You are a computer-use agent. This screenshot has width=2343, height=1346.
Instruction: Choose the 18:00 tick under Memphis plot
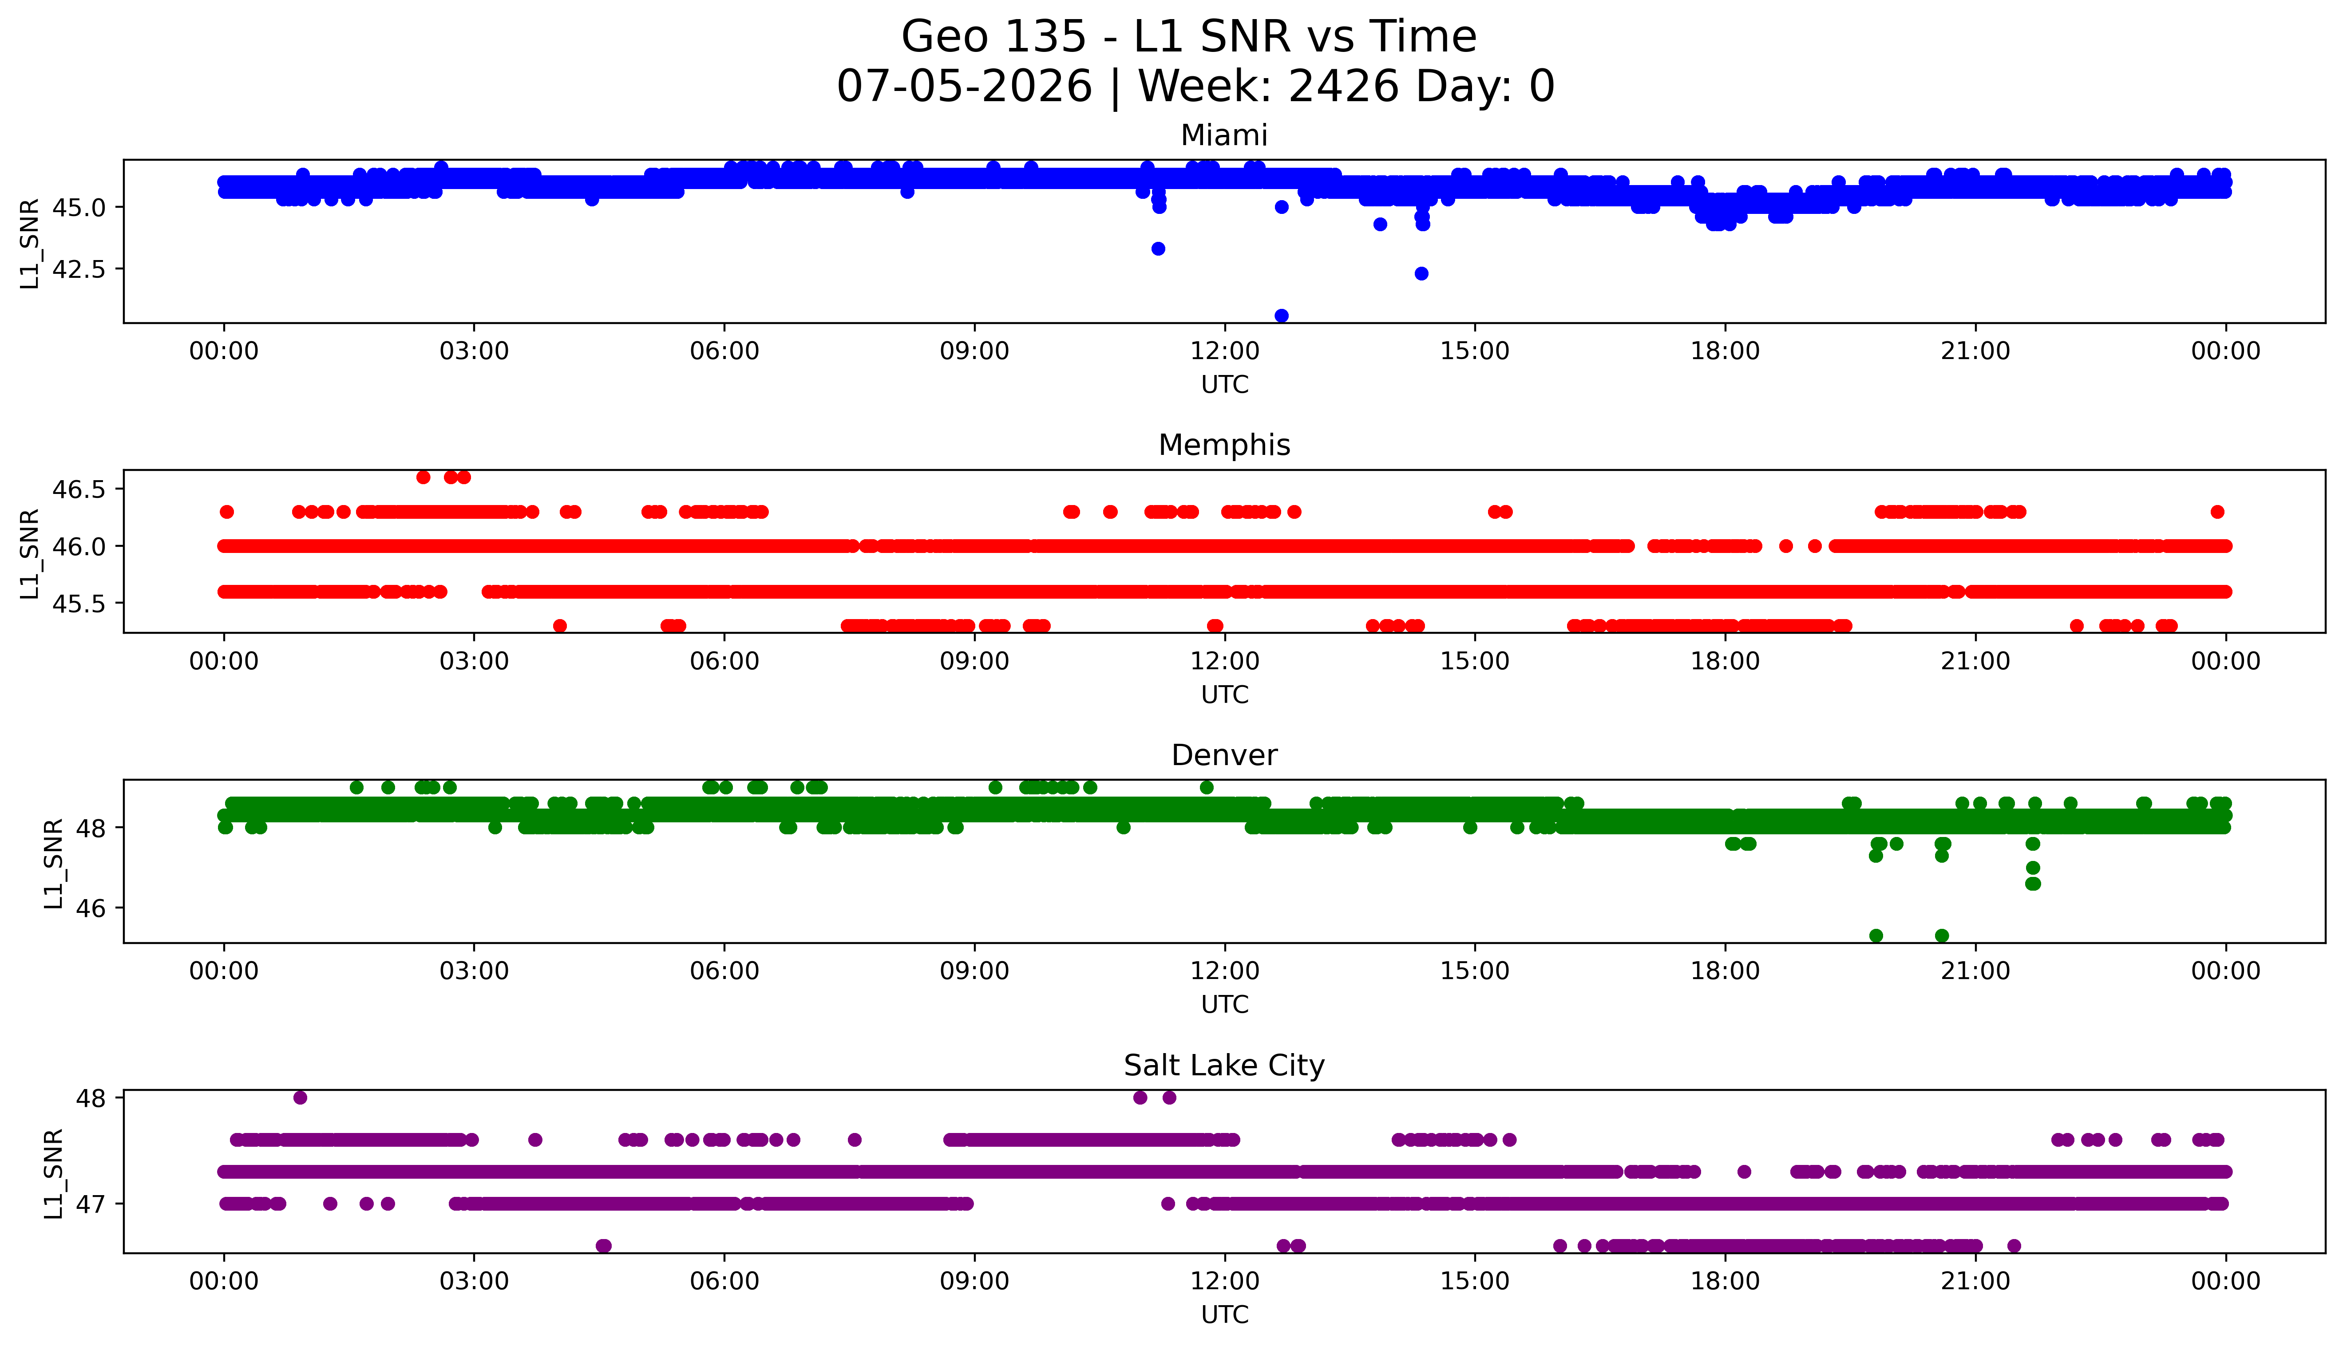coord(1726,661)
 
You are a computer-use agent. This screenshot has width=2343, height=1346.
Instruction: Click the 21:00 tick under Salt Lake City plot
coord(1976,1281)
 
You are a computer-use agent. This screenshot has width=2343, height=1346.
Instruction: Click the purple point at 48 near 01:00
coord(300,1097)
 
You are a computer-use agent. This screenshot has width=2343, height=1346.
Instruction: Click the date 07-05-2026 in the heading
coord(964,87)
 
